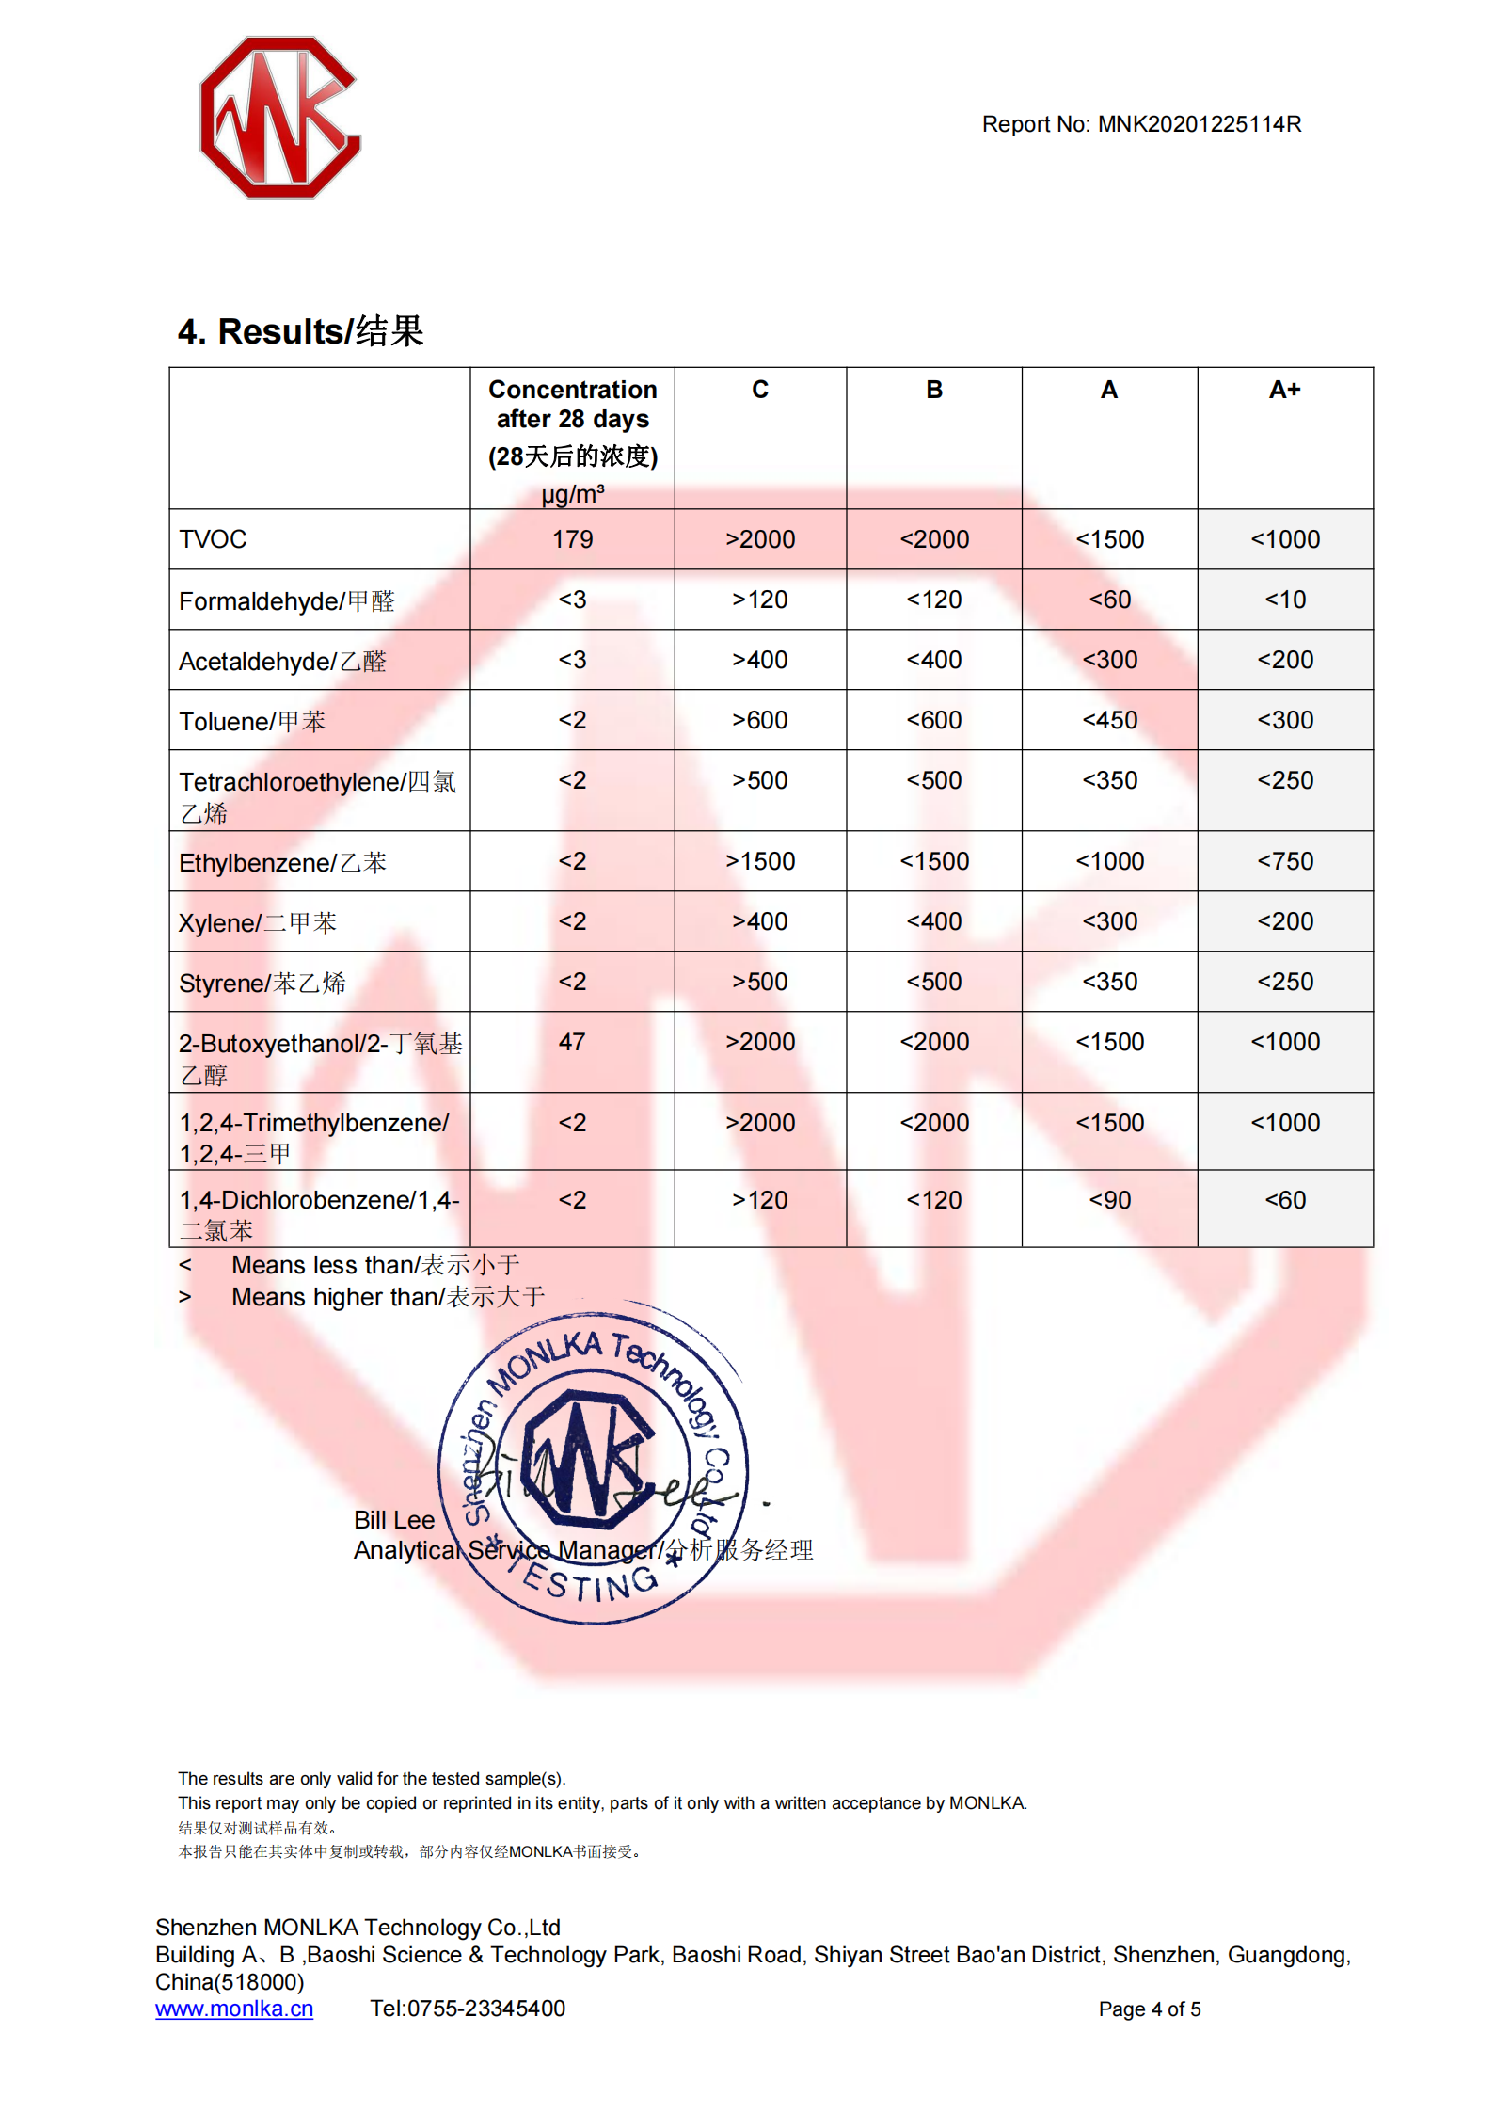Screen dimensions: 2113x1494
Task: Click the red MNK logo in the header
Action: point(279,118)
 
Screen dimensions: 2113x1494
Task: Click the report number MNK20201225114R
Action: point(1199,124)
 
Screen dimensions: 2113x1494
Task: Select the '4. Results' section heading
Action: point(300,331)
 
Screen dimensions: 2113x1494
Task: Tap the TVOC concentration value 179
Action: point(572,539)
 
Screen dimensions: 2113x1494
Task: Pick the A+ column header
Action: point(1284,390)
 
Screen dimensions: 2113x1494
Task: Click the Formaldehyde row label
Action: point(286,600)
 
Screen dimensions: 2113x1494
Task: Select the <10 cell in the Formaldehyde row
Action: point(1284,600)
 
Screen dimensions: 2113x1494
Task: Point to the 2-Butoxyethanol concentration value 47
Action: point(572,1042)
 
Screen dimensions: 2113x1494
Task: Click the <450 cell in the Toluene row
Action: point(1109,720)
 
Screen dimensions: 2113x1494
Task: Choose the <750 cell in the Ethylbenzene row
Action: point(1284,861)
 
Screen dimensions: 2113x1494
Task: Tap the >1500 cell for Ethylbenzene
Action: point(759,861)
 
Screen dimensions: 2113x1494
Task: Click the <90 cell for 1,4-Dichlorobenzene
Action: point(1109,1200)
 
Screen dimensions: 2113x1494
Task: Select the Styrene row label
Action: point(262,983)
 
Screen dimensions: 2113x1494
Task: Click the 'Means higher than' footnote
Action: point(387,1297)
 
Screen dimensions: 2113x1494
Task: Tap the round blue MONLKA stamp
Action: point(593,1464)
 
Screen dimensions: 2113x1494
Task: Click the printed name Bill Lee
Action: point(393,1520)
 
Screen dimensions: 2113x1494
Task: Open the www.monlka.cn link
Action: point(234,2009)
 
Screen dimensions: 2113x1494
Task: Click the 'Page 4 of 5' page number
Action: point(1149,2009)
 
